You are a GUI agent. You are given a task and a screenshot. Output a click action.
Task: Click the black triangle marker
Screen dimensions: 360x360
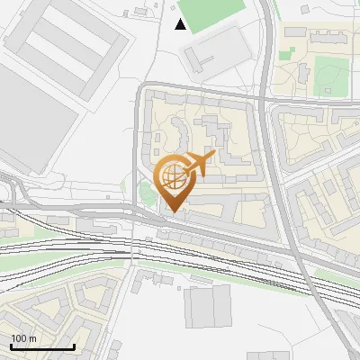tap(181, 24)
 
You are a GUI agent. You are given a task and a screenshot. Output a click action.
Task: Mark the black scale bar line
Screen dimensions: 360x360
tap(42, 346)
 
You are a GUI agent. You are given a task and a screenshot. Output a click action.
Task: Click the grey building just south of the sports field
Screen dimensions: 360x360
tap(216, 49)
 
